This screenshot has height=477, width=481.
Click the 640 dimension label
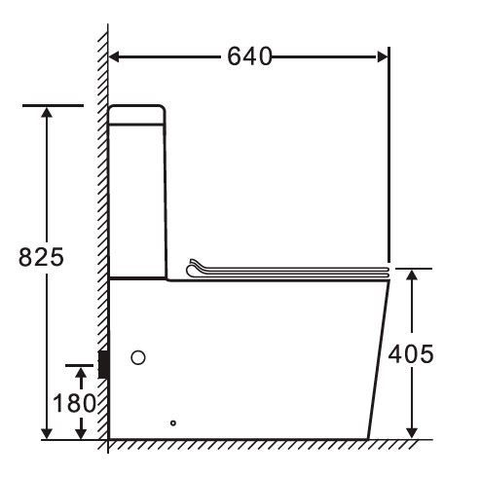249,56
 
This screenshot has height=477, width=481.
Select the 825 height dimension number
41,257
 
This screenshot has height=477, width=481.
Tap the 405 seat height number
411,353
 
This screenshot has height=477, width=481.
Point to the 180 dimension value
74,403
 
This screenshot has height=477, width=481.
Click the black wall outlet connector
103,364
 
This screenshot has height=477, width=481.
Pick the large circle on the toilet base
138,357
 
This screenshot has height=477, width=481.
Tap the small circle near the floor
173,422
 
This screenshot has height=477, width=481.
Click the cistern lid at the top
136,115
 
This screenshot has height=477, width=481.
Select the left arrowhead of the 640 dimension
114,56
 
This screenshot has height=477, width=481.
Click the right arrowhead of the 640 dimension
382,56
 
